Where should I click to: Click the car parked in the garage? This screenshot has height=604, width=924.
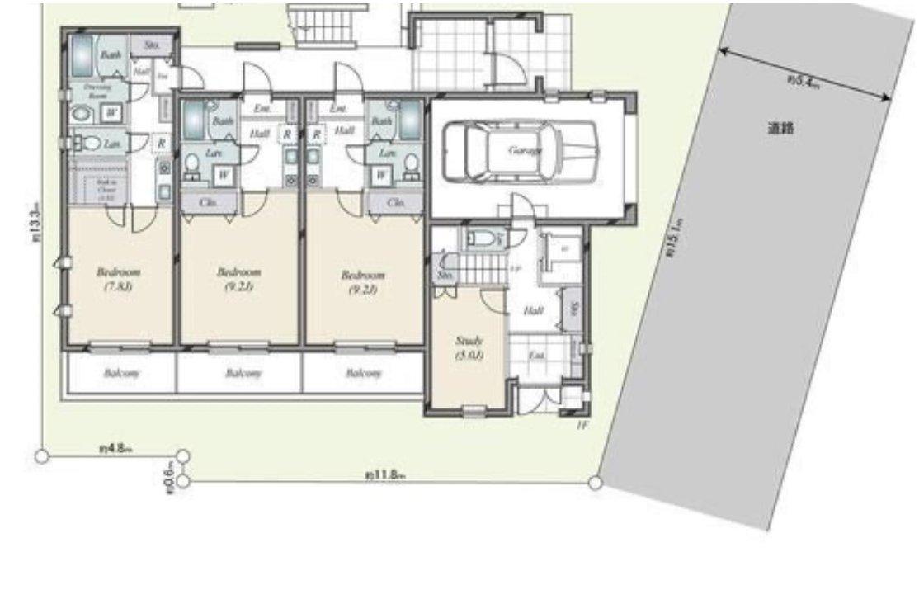click(520, 151)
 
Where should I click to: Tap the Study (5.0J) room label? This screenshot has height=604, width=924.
click(469, 347)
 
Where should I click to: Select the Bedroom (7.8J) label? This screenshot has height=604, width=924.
click(118, 279)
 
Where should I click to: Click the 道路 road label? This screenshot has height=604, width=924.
click(780, 129)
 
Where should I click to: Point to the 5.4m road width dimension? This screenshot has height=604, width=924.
click(802, 81)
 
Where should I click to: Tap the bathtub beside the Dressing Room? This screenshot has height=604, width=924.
click(82, 56)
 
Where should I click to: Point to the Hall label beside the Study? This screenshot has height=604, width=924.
click(533, 310)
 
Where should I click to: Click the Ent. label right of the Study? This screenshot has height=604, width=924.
click(536, 356)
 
